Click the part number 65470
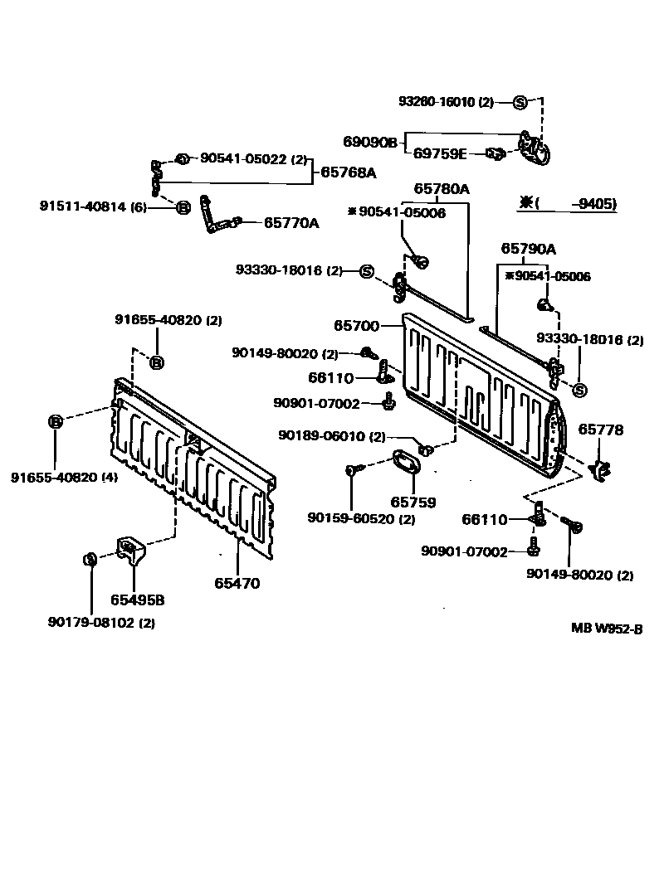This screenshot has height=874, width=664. point(237,583)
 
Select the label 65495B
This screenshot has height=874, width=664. point(138,600)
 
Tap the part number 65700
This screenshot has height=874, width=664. point(358,327)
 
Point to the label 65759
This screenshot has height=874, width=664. point(413,503)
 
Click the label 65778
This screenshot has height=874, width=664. point(601,430)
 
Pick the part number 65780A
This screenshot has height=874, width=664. point(442,189)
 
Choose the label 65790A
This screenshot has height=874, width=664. point(529,249)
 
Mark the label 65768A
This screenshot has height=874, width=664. point(349,173)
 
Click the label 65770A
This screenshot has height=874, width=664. point(291,222)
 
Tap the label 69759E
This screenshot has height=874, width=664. point(440,153)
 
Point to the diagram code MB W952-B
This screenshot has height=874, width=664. point(606,628)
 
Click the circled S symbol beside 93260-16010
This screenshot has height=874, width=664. point(520,102)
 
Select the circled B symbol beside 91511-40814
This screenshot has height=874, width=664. point(183,206)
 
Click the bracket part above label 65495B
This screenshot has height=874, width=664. point(129,548)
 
